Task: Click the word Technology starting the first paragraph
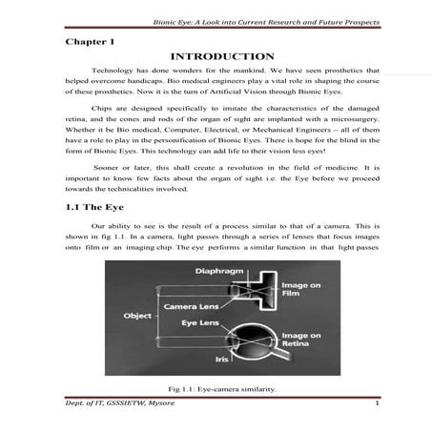coord(111,72)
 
